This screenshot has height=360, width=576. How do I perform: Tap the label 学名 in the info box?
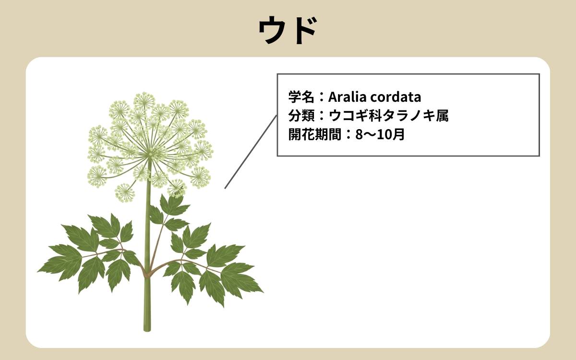pos(300,97)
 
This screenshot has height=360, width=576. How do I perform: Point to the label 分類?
pos(300,116)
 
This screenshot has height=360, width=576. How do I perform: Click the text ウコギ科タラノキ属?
pos(388,116)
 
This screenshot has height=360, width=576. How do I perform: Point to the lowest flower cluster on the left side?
pos(125,192)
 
